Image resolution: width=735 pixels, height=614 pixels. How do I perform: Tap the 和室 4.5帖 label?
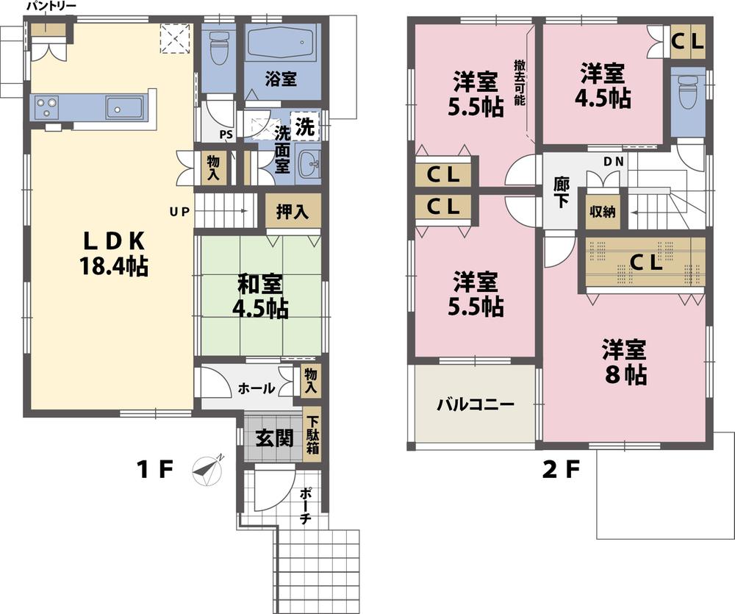point(261,296)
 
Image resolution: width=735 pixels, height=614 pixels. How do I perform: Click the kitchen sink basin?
point(123,108)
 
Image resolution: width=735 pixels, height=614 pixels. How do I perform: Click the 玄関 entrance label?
point(274,438)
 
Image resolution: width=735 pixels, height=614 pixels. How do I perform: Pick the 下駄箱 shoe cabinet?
point(312,435)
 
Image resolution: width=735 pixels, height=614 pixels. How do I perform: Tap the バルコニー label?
point(474,404)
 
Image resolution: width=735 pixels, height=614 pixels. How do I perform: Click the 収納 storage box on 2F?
point(601,210)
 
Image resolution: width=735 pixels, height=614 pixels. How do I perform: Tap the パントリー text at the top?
point(51,7)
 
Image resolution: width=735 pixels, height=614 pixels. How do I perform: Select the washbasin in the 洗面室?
point(309,165)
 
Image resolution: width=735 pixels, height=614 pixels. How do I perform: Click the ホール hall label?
point(257,388)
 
